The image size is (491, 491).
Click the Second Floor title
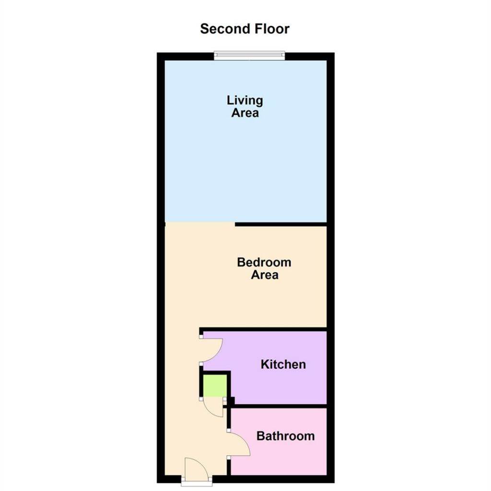click(245, 29)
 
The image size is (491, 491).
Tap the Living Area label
click(245, 106)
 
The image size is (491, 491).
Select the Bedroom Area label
click(264, 269)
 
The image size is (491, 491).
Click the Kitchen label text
click(283, 364)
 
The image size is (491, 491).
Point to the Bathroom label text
click(285, 436)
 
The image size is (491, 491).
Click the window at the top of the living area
click(249, 56)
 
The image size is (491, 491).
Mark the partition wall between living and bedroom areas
click(281, 224)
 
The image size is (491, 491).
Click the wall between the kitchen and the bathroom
click(278, 406)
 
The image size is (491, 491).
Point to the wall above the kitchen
click(264, 329)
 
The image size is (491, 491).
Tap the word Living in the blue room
click(245, 101)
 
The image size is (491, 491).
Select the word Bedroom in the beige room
click(264, 263)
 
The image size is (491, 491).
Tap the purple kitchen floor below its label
click(283, 388)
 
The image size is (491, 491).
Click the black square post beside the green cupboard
click(232, 401)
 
